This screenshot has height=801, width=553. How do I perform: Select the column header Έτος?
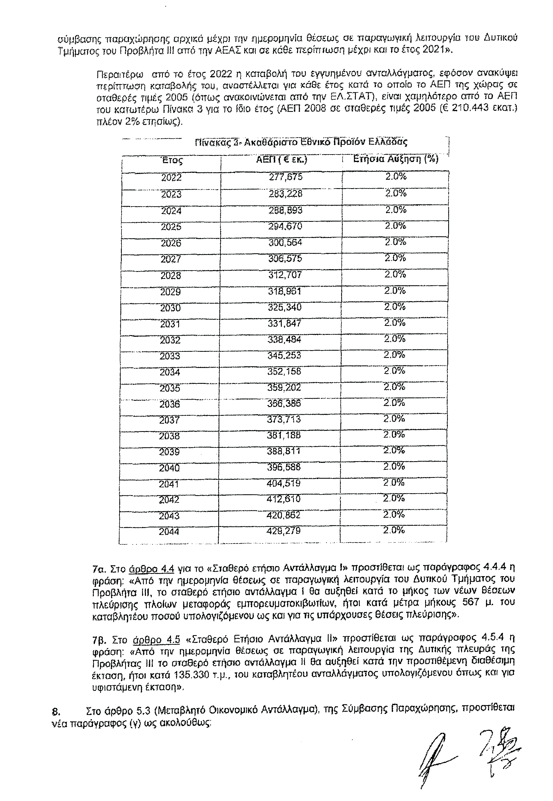[x=172, y=161]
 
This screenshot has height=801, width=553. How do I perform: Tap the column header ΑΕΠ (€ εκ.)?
[x=282, y=159]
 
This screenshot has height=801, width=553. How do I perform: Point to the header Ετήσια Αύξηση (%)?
[x=396, y=159]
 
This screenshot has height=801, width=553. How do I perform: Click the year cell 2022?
[x=172, y=178]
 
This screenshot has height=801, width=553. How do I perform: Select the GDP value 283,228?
[x=286, y=193]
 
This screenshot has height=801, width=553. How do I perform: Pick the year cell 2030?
[x=170, y=308]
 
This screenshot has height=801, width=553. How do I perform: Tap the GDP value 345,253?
[x=284, y=355]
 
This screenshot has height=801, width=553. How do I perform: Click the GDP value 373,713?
[x=284, y=420]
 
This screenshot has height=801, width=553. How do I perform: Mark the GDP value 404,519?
[x=284, y=483]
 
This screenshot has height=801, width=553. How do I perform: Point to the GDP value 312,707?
[x=285, y=275]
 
